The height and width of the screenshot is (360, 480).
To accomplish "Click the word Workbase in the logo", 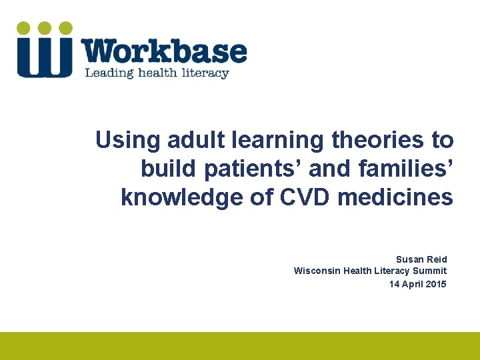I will (x=164, y=51).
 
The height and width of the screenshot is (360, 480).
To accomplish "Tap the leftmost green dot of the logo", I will (x=24, y=28).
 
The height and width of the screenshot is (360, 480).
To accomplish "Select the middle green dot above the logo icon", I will (x=45, y=28).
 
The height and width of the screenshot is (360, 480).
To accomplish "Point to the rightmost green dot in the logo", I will (x=65, y=28).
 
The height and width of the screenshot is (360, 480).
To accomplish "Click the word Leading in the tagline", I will (x=105, y=73).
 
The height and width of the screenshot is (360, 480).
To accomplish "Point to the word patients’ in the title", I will (x=253, y=169).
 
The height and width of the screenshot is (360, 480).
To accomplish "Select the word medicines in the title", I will (x=395, y=198).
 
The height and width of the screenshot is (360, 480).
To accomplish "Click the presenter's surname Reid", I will (x=437, y=259).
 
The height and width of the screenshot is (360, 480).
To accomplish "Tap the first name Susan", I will (x=409, y=259).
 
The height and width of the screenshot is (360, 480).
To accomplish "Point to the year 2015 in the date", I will (x=436, y=284).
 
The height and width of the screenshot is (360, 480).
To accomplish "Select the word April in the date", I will (x=411, y=284).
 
